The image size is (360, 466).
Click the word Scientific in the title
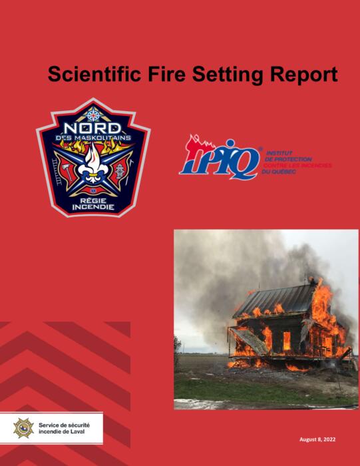[94, 74]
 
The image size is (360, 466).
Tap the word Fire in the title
[166, 74]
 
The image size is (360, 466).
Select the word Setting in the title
[228, 75]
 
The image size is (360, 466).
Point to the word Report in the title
[304, 75]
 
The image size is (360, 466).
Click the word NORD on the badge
[92, 128]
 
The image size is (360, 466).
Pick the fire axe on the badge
[67, 172]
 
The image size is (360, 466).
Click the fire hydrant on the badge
[119, 171]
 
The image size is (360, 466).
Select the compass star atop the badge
[94, 115]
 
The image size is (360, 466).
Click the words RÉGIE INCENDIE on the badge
[93, 204]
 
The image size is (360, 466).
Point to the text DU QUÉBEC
[279, 172]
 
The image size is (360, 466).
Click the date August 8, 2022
[317, 439]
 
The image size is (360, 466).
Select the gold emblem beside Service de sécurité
[23, 428]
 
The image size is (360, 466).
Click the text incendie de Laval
[61, 431]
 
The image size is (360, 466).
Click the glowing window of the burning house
[287, 341]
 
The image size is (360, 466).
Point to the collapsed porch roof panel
[250, 340]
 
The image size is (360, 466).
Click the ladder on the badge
[57, 172]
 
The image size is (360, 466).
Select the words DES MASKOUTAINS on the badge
[93, 138]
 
